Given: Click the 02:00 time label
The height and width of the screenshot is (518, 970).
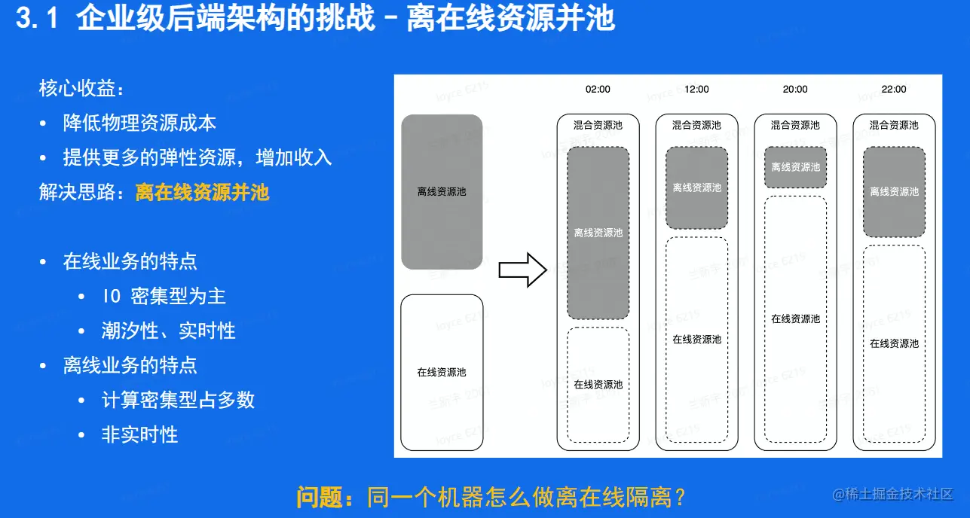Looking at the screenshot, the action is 598,89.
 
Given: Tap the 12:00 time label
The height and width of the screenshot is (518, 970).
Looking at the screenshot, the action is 696,89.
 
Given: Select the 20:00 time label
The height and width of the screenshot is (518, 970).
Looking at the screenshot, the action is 795,89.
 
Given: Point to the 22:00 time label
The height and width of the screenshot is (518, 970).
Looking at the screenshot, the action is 894,89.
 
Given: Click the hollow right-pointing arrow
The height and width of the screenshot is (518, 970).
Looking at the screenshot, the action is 522,270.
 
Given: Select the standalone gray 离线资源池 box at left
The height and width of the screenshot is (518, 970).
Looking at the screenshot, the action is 442,191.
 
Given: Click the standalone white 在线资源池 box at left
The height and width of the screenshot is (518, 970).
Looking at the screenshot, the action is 442,372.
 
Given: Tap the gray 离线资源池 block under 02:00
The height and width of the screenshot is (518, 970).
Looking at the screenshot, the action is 598,233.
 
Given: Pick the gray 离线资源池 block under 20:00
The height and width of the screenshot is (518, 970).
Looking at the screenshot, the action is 795,167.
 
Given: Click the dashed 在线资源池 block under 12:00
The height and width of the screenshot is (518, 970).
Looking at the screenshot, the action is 696,340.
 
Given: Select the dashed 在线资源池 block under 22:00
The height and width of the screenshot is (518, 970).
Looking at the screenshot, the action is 894,343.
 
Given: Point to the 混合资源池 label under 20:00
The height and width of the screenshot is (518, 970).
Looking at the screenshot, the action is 795,126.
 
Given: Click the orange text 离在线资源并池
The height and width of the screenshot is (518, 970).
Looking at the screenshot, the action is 202,192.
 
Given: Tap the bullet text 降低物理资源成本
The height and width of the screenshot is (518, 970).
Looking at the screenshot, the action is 140,123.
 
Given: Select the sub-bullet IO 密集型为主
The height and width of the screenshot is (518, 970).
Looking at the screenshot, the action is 164,296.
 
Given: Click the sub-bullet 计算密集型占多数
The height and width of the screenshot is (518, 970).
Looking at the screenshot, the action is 178,400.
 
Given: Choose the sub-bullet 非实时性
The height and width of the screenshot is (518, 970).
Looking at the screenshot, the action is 139,434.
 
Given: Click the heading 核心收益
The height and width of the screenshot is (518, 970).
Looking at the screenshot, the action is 81,89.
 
